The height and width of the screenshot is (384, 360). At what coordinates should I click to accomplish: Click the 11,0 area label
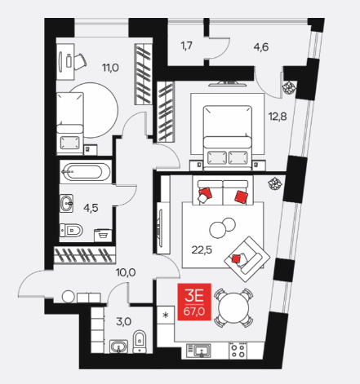coord(110,68)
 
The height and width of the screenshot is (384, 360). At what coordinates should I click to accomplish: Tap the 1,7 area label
coord(187,46)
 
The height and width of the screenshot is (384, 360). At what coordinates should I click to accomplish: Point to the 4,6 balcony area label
coord(261,47)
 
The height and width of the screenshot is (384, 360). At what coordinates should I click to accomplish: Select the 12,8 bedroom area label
coord(278,117)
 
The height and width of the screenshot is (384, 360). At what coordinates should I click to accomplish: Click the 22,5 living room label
coord(202,249)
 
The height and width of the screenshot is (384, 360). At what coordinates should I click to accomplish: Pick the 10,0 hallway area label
coord(126,272)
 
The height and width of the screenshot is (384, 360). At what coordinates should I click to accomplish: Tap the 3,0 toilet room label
coord(124,322)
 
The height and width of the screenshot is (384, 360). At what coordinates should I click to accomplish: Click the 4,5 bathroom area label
coord(91,208)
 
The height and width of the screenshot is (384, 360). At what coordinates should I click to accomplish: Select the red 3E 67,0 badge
coord(194,302)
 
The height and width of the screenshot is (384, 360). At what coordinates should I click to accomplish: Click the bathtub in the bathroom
coord(85,172)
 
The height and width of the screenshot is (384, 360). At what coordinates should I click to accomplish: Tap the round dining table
coord(233,307)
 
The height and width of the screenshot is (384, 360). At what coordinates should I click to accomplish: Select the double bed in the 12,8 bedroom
coord(228,138)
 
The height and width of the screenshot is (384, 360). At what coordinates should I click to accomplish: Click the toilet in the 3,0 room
coord(140,342)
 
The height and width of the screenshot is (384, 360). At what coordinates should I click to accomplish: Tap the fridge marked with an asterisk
coord(166,315)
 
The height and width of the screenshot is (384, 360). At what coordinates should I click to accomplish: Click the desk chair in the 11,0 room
coord(79,61)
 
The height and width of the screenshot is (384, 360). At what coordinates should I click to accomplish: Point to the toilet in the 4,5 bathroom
coord(71,231)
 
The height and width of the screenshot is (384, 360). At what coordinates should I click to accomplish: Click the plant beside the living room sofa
coord(274,183)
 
